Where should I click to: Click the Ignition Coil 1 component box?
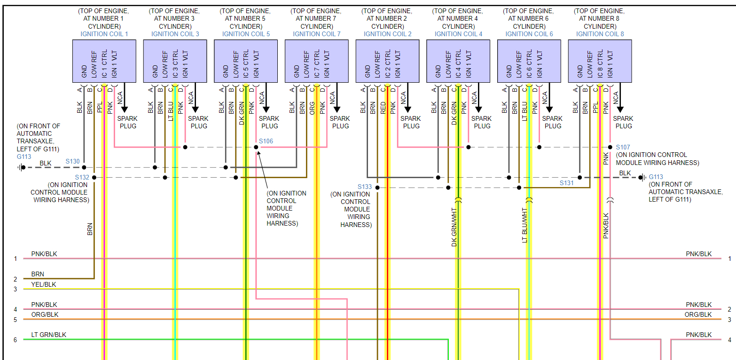tap(104, 61)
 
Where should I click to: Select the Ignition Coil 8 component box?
tap(600, 61)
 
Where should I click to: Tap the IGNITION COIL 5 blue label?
tap(246, 34)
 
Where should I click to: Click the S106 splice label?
tap(266, 141)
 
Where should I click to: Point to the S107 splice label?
tap(623, 147)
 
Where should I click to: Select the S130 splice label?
tap(73, 161)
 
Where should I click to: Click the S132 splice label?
tap(82, 177)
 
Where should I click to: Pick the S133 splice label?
tap(364, 187)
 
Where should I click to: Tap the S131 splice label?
tap(566, 183)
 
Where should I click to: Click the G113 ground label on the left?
tap(24, 157)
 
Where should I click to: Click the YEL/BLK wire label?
tap(44, 284)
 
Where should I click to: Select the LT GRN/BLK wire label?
tap(48, 335)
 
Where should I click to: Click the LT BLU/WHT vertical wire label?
tap(525, 225)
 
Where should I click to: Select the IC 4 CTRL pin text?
tap(458, 63)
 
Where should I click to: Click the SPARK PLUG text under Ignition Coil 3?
tap(198, 122)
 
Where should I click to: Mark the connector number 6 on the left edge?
tap(15, 340)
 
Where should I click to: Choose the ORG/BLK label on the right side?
tap(698, 314)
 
